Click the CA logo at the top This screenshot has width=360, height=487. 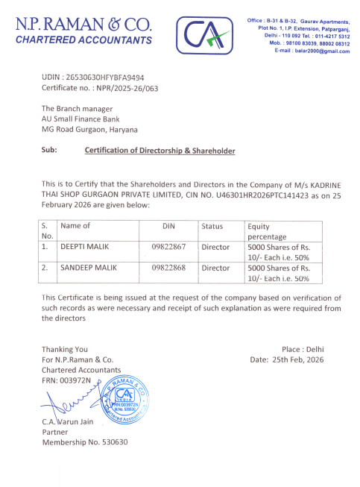click(x=199, y=33)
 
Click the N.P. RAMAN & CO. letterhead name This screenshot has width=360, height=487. click(x=83, y=24)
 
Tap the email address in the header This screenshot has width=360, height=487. click(x=312, y=51)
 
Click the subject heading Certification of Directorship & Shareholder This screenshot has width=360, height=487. click(x=160, y=151)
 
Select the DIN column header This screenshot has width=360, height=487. click(x=168, y=226)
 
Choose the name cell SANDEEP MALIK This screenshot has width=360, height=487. click(x=87, y=266)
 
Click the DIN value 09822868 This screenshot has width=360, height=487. click(x=168, y=266)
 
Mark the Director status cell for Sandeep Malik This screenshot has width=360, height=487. click(x=215, y=266)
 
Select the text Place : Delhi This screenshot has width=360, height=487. click(x=303, y=349)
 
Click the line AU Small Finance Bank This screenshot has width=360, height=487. click(x=80, y=119)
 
